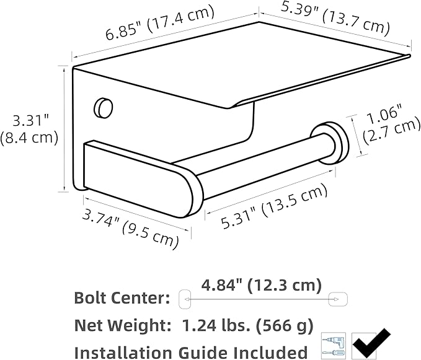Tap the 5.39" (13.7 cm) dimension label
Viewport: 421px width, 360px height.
click(x=335, y=18)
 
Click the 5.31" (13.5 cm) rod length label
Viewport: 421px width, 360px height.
click(x=275, y=206)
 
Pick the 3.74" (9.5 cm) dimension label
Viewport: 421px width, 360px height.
click(x=130, y=229)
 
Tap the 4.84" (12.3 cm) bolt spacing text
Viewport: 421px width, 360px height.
click(x=261, y=286)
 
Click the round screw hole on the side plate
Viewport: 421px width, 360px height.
click(x=103, y=107)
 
